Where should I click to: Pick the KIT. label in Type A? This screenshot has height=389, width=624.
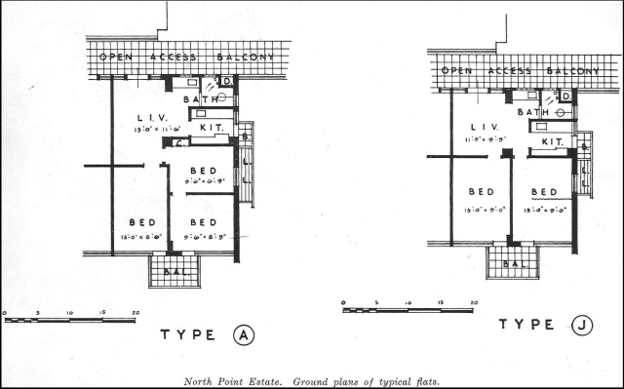tap(212, 127)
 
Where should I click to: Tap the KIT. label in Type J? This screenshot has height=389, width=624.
tap(551, 141)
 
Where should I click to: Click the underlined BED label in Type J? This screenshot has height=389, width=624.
tap(543, 191)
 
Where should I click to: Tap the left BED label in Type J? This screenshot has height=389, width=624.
tap(483, 191)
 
